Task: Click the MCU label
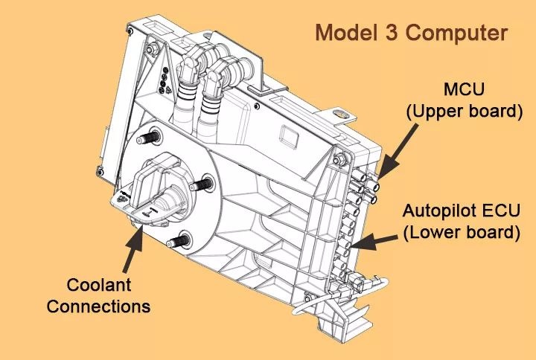point(465,90)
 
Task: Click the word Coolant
point(99,285)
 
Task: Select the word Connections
point(99,306)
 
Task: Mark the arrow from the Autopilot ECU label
point(375,239)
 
